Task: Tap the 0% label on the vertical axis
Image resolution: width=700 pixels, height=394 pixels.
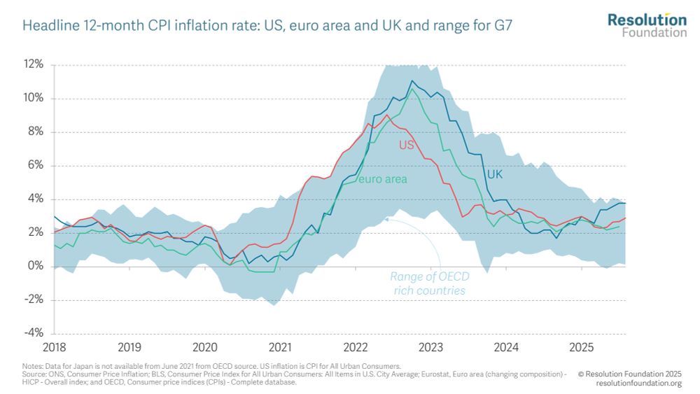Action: pos(36,266)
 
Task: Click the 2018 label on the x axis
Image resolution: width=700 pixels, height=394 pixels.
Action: pos(53,347)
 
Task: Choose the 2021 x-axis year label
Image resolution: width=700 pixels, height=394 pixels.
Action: pos(280,347)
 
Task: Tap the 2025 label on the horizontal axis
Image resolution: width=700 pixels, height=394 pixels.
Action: pos(582,347)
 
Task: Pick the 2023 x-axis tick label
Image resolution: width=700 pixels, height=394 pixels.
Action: pos(431,347)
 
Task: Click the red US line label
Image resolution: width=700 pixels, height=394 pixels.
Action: pos(407,146)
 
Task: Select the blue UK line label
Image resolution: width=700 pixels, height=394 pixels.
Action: pos(495,174)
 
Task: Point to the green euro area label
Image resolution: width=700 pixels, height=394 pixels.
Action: pos(383,179)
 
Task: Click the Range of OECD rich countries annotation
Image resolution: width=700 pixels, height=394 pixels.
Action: pos(427,283)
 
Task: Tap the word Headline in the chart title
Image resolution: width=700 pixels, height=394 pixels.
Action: pos(47,27)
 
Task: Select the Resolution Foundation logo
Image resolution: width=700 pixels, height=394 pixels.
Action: pos(647,24)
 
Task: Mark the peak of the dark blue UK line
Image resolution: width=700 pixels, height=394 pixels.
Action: pos(412,81)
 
